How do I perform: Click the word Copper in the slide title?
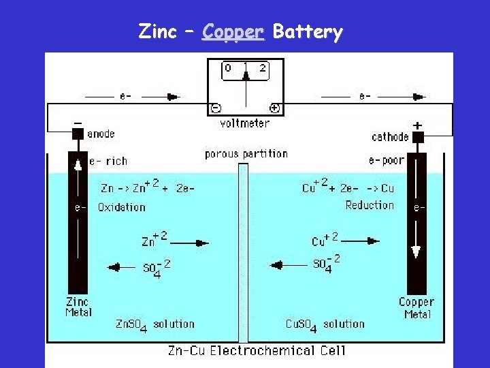[x=232, y=32]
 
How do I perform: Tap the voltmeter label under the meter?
[x=244, y=123]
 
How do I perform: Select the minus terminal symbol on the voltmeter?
[x=215, y=108]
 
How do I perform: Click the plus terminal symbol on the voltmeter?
[x=274, y=108]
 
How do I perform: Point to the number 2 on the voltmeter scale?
[x=263, y=68]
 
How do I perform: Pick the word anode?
[x=101, y=134]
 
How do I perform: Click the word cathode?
[x=390, y=137]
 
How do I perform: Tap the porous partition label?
[x=246, y=154]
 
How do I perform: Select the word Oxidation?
[x=122, y=207]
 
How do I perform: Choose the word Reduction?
[x=370, y=205]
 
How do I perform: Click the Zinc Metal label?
[x=78, y=307]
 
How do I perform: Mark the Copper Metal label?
[x=416, y=308]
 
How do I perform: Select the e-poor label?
[x=386, y=161]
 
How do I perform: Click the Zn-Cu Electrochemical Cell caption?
[x=257, y=351]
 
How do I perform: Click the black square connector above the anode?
[x=78, y=134]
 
